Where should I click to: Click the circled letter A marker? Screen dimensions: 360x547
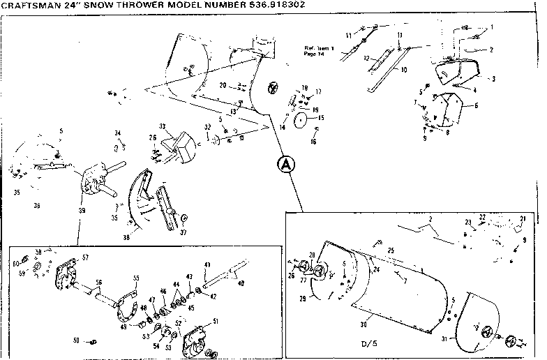285,165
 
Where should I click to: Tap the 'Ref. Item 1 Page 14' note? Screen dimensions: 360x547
319,50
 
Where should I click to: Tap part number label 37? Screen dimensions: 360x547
184,232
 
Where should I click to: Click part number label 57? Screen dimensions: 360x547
86,257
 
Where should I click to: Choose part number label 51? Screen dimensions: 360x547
216,321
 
